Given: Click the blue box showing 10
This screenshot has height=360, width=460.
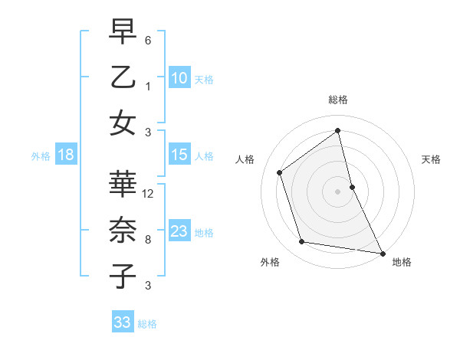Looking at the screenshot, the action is (x=179, y=77).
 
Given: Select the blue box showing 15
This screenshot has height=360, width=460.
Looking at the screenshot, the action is (x=179, y=155).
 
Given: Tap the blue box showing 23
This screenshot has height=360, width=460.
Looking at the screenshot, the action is (x=179, y=231).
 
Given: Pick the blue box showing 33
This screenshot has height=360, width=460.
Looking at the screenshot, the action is (x=122, y=322).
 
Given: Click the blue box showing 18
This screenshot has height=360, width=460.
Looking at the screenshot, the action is (x=65, y=155).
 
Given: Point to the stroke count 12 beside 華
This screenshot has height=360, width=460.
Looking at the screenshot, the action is (x=149, y=194).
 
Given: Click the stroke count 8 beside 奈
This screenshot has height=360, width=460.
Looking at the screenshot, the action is (x=147, y=240).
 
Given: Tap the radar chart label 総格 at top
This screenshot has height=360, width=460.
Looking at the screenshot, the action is (x=337, y=100).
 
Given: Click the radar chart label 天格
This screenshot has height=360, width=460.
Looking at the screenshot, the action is (x=431, y=159).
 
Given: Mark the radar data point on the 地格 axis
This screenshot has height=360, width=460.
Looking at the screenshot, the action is (x=381, y=252).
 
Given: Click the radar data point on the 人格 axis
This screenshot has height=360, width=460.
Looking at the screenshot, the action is (x=280, y=172).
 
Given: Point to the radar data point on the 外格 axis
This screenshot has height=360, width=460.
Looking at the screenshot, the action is (x=302, y=242).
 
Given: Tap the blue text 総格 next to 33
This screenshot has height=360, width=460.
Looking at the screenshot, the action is (x=147, y=323).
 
